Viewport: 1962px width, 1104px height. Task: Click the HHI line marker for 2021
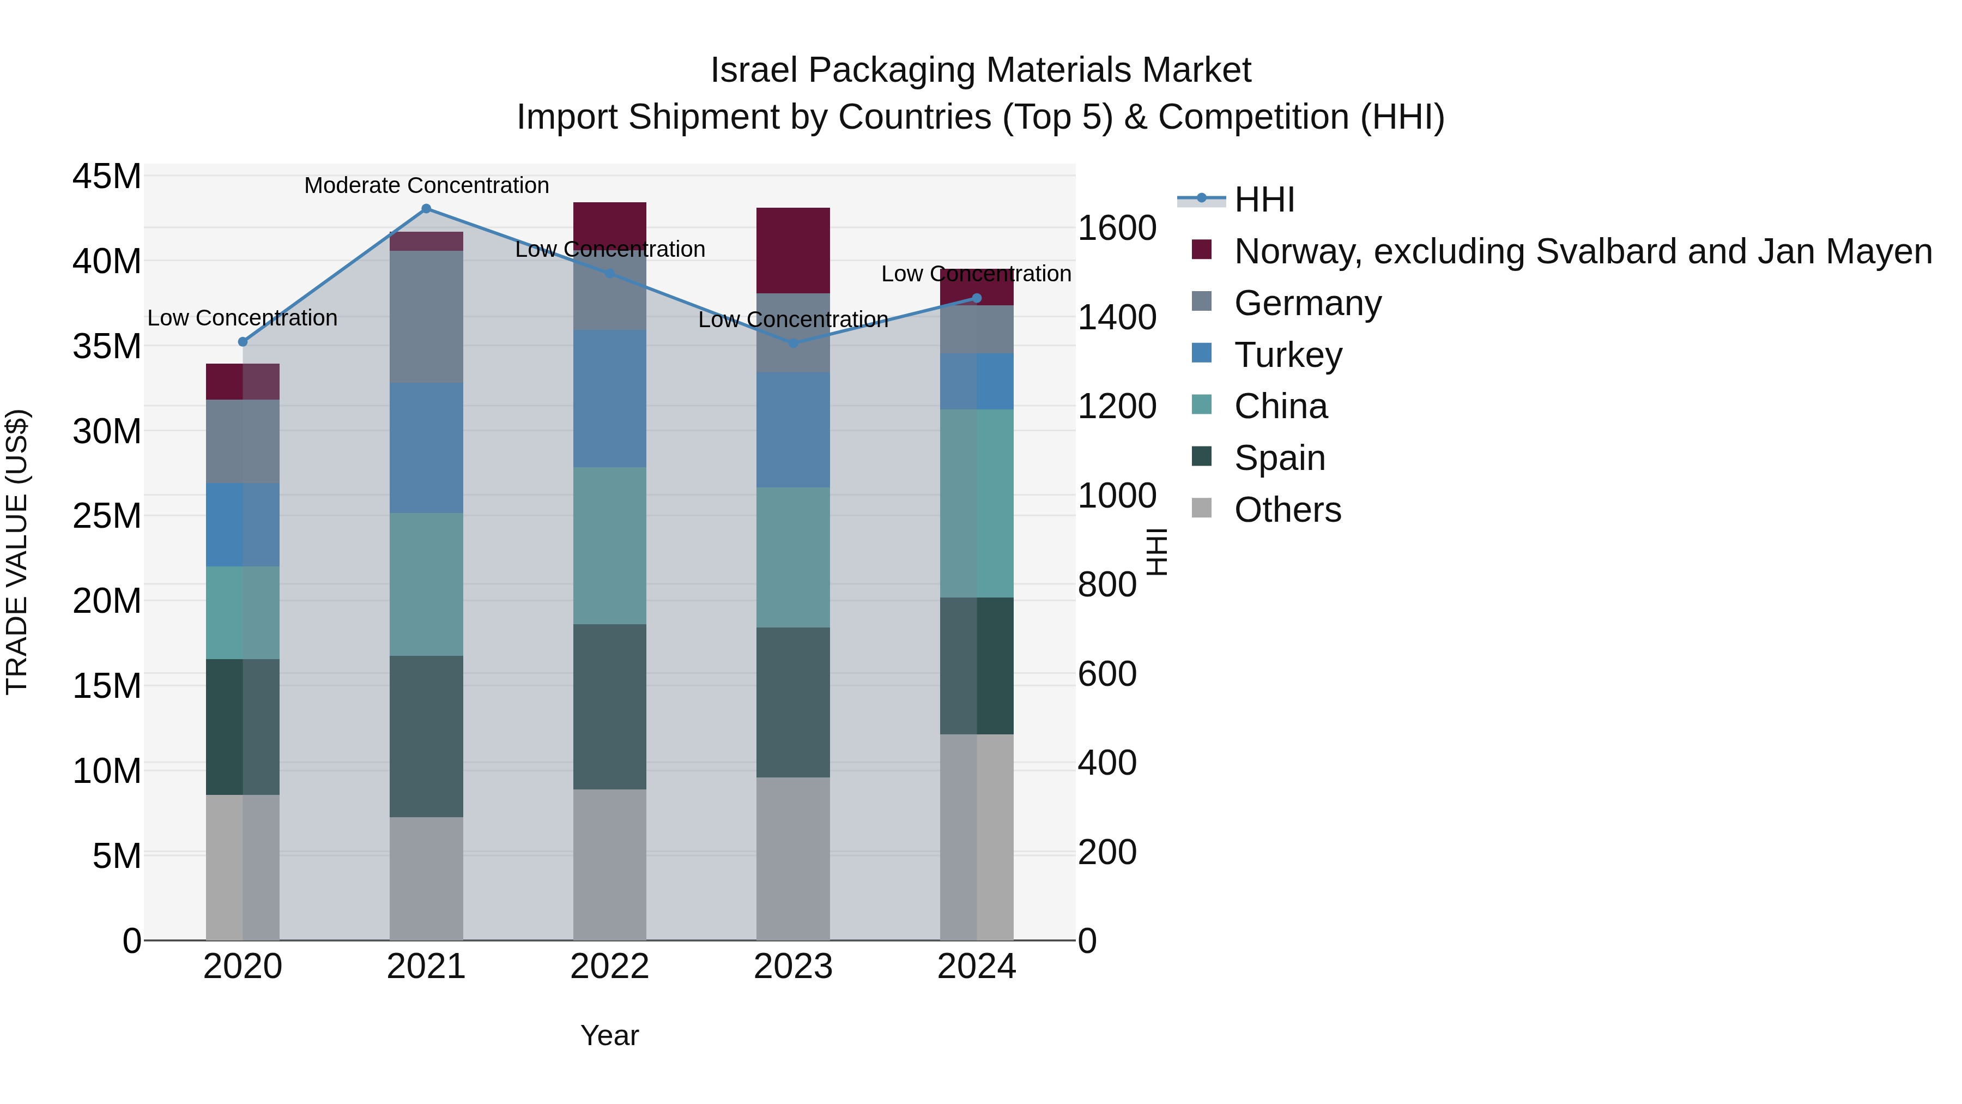427,209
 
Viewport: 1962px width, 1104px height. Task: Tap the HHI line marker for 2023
793,343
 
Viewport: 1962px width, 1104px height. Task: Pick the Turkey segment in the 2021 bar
427,448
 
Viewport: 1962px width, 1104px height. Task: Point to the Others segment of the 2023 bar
793,859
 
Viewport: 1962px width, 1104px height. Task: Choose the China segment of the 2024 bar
977,504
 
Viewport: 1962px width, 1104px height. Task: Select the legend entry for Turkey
1288,355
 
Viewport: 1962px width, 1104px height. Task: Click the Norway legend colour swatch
1202,250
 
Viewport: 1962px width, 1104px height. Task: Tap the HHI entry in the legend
1264,200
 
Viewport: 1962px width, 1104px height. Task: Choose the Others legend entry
1287,510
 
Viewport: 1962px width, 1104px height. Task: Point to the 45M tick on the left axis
107,177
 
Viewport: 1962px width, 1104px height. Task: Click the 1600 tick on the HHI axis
1117,228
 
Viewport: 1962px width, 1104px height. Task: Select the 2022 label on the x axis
609,967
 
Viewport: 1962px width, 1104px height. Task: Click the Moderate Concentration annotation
427,185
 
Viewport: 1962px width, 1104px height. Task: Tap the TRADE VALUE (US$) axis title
17,552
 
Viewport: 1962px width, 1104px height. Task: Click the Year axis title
609,1035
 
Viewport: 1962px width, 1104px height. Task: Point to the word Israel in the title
754,70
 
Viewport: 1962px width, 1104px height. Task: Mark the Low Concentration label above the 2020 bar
242,318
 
